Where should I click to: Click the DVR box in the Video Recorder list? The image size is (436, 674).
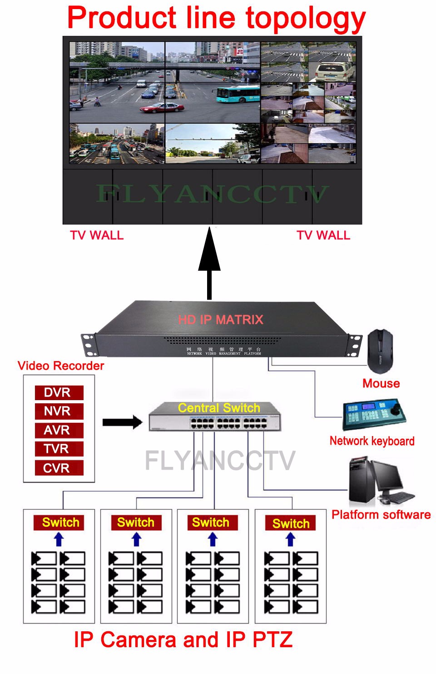[59, 392]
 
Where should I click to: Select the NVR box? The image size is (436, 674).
[59, 411]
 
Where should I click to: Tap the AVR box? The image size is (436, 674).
[59, 430]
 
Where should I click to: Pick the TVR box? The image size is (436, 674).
[59, 449]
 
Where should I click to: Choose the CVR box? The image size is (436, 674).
[59, 468]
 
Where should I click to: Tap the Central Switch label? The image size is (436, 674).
[219, 408]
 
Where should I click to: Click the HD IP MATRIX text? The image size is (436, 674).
[220, 320]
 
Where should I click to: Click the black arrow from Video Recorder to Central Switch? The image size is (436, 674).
[122, 422]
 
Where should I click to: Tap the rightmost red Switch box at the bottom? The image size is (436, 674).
[291, 523]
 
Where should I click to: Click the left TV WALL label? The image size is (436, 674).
[97, 235]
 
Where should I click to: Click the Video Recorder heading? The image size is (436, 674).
[61, 366]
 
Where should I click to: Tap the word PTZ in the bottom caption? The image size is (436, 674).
[272, 639]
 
